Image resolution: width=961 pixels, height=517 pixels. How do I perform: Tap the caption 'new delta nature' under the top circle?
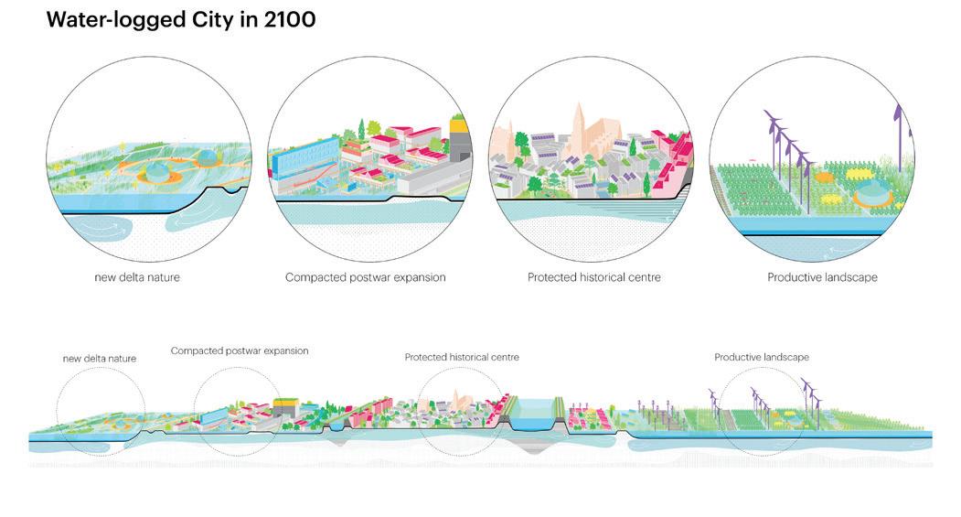point(137,277)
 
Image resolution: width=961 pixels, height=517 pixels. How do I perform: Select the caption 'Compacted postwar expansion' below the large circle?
point(366,277)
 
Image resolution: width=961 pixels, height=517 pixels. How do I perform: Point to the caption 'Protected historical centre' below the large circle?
point(593,277)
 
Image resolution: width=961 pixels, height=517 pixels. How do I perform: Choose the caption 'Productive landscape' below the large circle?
point(822,277)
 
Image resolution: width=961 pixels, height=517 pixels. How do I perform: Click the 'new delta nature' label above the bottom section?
point(100,359)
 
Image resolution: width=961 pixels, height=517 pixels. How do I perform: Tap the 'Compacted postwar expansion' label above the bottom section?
point(240,350)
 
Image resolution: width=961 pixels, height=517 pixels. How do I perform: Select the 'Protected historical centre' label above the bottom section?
point(462,357)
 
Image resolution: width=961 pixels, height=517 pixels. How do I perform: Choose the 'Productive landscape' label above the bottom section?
point(762,357)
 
